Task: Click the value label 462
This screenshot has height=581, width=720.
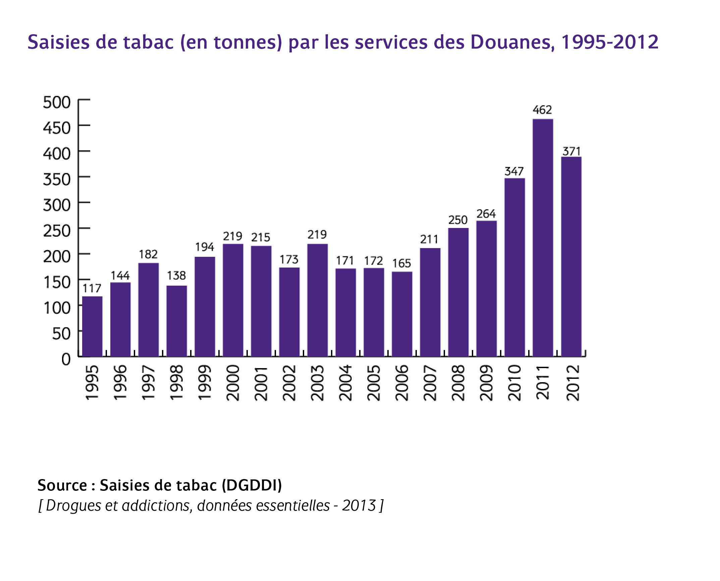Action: pos(542,110)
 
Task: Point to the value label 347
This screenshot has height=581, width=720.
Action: pos(514,172)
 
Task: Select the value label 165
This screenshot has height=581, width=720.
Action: pos(402,264)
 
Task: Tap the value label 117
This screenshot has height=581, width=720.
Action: pos(92,288)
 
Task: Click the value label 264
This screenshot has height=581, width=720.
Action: pos(486,214)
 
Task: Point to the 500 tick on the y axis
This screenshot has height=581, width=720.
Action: pos(57,102)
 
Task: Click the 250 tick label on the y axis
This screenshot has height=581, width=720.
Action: pos(57,231)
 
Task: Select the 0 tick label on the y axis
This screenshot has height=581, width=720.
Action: pos(66,359)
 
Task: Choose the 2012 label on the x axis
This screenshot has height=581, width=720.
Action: pos(572,383)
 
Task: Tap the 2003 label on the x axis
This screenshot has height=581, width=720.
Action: pos(317,383)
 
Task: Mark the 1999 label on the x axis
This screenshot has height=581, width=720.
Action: pos(205,383)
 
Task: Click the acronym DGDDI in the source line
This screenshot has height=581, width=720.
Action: pos(252,485)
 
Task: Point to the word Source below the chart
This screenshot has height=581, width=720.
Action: pos(62,485)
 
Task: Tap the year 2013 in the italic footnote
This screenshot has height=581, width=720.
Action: pos(358,506)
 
